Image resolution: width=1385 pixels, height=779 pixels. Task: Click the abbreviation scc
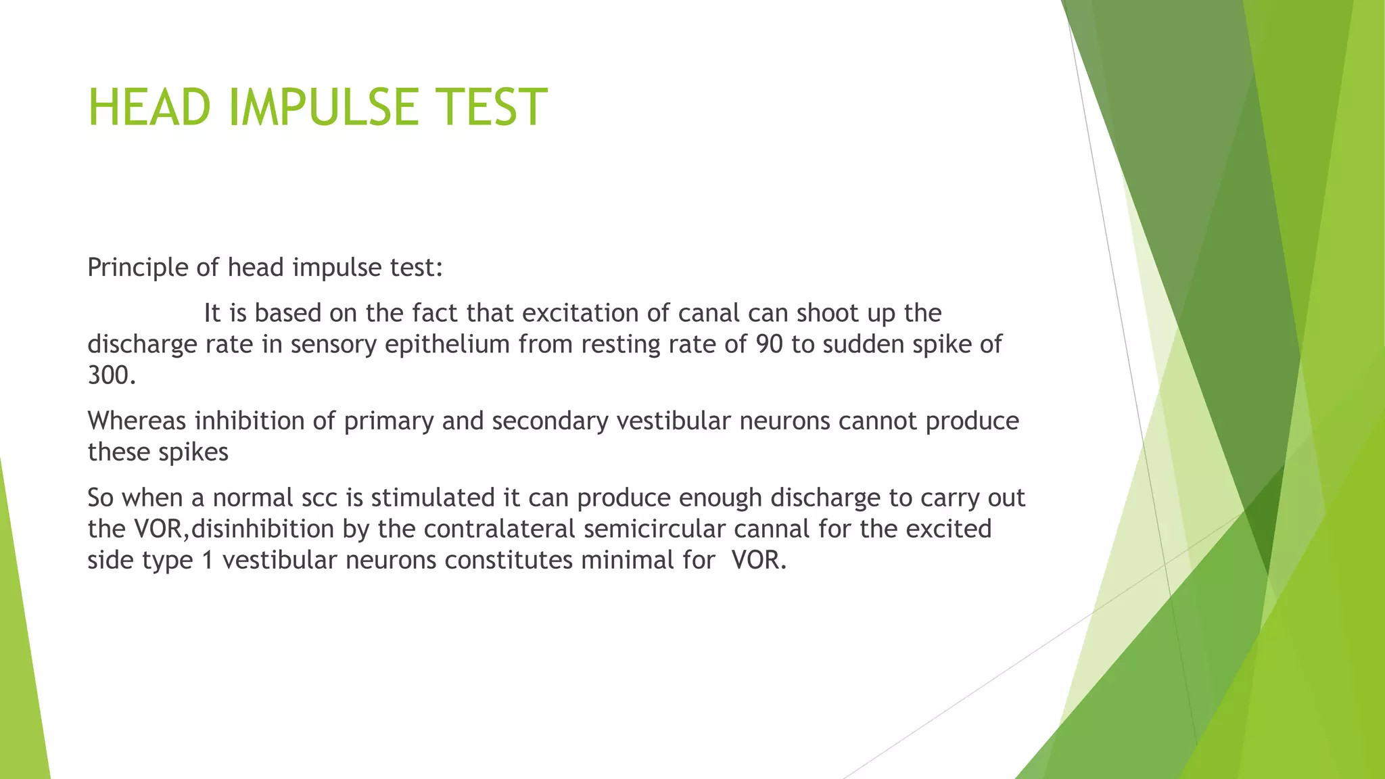pyautogui.click(x=320, y=498)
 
